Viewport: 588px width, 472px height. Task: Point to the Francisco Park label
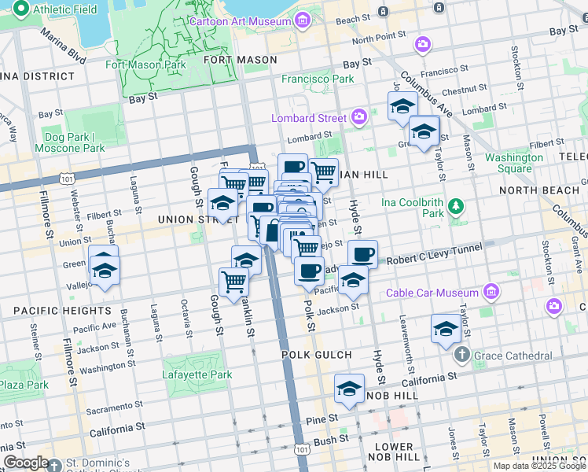[318, 79]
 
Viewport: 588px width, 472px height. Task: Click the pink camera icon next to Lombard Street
[359, 117]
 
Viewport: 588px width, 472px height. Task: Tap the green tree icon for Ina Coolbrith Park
[454, 207]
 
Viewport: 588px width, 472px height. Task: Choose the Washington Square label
[513, 163]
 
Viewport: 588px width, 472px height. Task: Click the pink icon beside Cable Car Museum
[491, 293]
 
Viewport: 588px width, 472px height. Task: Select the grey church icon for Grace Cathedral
[461, 356]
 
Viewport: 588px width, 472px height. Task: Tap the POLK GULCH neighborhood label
[313, 355]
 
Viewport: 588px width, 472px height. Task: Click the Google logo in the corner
[26, 463]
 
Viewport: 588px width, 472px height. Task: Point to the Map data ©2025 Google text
[539, 466]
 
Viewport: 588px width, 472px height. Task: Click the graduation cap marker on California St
[349, 389]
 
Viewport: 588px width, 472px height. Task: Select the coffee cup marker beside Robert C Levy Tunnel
[362, 254]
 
